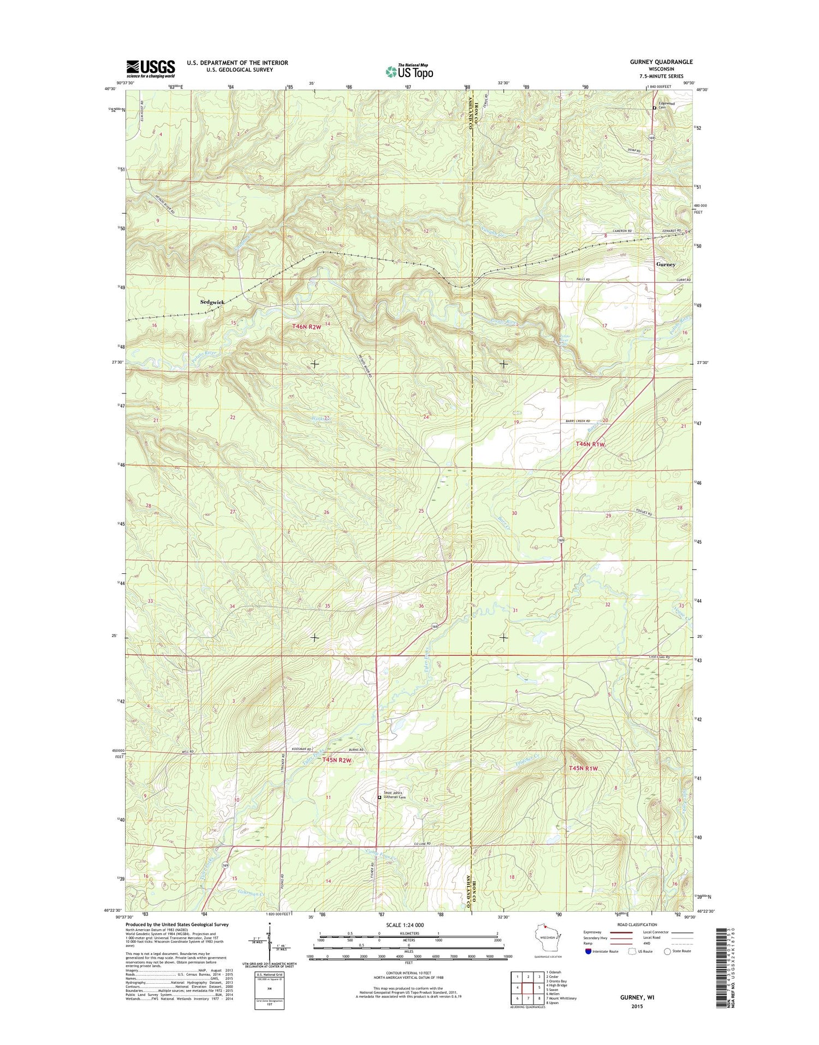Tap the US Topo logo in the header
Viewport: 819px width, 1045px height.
(410, 71)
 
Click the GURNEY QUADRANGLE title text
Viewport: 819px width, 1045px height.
(661, 62)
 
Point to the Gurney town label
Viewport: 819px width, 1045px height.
(666, 264)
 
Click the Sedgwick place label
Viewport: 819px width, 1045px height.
(212, 302)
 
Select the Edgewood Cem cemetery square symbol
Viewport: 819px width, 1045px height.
(655, 108)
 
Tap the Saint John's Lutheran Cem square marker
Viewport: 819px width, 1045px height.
(379, 797)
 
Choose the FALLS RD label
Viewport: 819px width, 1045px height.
(583, 279)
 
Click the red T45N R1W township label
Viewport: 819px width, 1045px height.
(583, 768)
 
